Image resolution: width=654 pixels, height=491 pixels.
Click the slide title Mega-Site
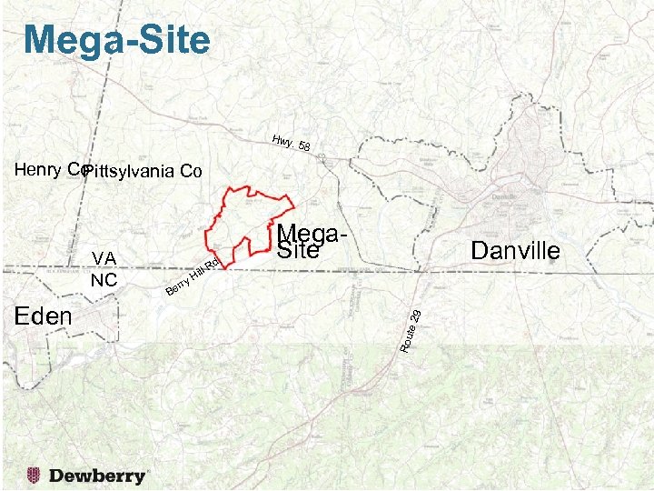(x=117, y=39)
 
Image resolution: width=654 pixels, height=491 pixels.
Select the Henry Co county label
(x=50, y=169)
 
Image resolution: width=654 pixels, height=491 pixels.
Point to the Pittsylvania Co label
(x=142, y=172)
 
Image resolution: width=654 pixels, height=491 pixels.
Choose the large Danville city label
(x=516, y=250)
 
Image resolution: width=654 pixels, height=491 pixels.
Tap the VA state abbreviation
(x=104, y=259)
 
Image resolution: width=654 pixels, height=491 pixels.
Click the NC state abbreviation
(x=104, y=279)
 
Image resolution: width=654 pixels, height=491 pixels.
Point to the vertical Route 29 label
(x=410, y=330)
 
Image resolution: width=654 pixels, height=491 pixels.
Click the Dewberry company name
(x=98, y=476)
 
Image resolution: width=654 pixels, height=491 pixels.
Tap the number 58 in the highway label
(x=304, y=148)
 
